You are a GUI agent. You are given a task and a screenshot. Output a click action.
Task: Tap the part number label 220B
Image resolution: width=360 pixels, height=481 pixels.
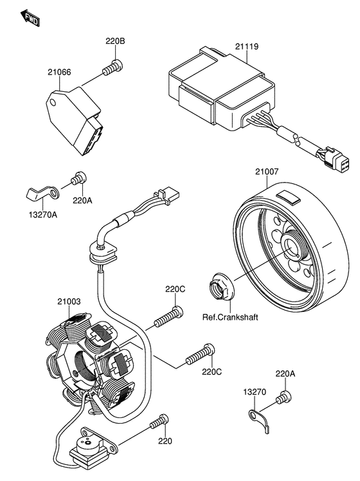115,42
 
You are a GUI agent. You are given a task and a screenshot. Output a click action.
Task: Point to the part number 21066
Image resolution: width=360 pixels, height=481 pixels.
59,73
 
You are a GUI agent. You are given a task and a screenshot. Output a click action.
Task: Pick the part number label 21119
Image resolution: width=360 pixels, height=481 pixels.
247,47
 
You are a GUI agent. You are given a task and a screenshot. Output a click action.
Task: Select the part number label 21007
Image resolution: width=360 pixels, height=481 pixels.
266,172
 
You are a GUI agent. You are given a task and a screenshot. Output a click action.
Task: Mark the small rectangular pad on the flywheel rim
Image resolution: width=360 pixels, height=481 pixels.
286,195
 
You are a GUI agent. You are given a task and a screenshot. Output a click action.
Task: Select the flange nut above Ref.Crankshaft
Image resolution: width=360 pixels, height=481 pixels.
220,287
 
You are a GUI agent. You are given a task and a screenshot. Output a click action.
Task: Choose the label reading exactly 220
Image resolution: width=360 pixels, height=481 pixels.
165,441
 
